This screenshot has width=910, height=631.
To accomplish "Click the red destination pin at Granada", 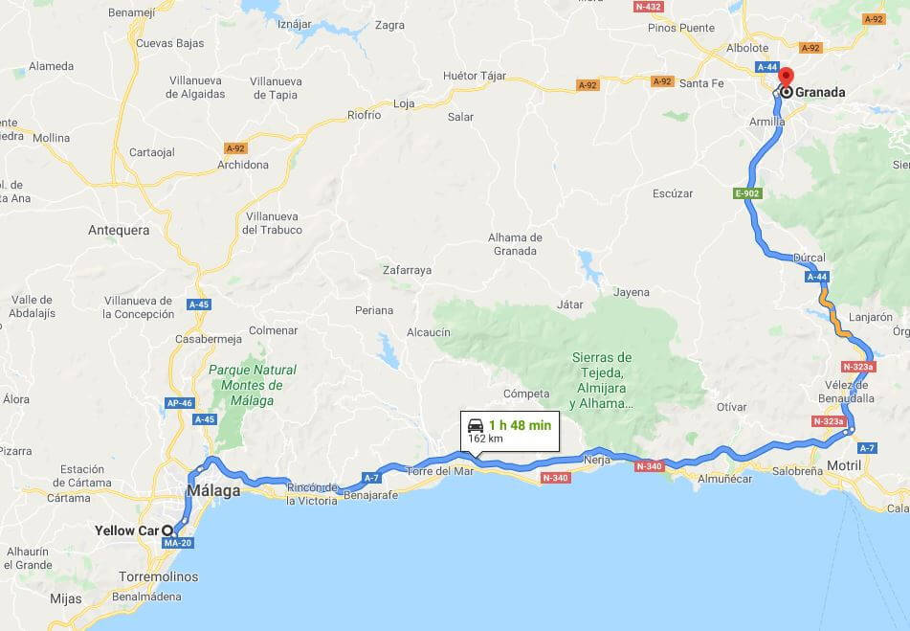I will tap(786, 78).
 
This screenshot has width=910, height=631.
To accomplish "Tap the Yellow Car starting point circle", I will tap(167, 530).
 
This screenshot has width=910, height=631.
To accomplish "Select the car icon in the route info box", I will tap(475, 425).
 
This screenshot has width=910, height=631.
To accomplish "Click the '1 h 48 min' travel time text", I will tap(520, 425).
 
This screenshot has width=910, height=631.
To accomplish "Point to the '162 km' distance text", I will tap(485, 439).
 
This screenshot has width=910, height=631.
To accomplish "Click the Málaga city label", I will tap(212, 491).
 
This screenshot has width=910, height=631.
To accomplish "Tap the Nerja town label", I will tap(596, 460).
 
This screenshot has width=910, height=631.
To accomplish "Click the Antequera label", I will tap(119, 230).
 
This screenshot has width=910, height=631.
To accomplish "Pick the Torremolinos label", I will tap(160, 576).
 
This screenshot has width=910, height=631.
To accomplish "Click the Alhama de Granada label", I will tap(515, 244).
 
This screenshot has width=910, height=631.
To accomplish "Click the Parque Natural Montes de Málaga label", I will tap(253, 385).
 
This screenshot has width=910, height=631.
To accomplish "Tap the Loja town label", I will tap(404, 103).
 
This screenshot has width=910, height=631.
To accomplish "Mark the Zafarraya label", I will tap(407, 270).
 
